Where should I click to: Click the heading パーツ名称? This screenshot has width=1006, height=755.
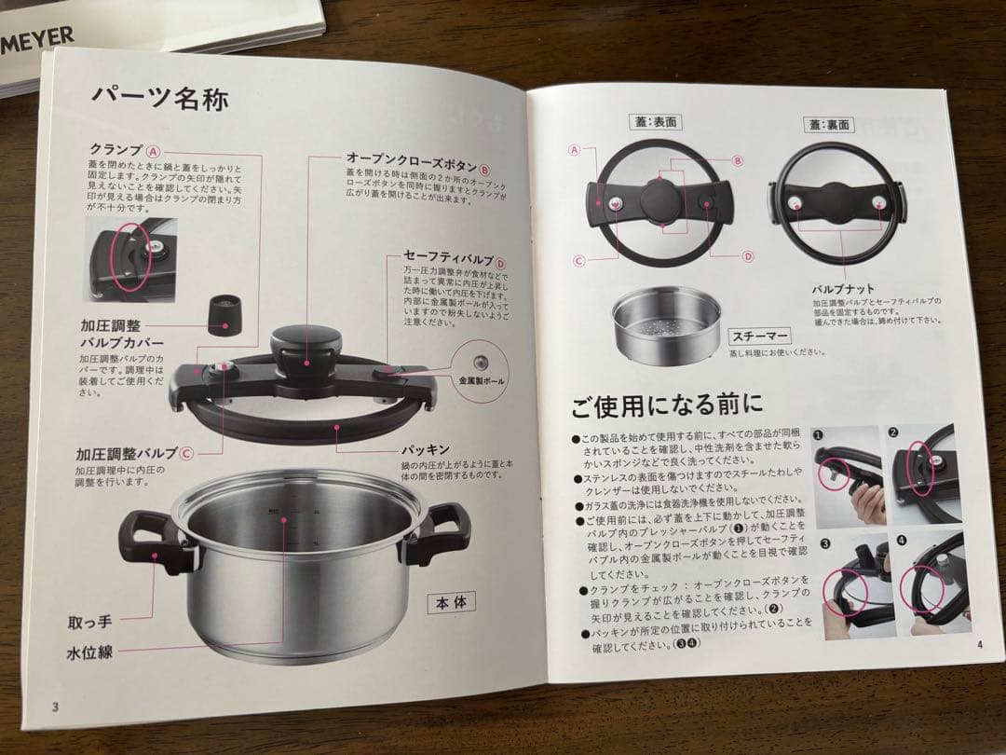[158, 98]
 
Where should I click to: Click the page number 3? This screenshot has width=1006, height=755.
[55, 705]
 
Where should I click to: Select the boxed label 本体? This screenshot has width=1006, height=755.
[451, 602]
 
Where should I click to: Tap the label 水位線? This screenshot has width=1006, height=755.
[89, 652]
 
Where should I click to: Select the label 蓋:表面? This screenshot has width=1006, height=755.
[653, 122]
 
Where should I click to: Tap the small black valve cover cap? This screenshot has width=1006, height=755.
[222, 314]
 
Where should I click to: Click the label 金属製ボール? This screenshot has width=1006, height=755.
[482, 381]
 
